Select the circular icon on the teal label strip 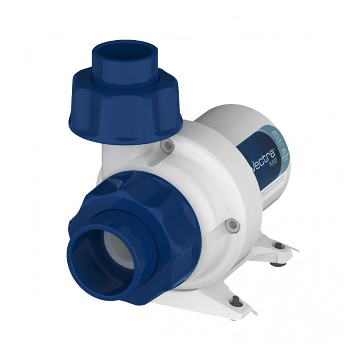click(x=276, y=136)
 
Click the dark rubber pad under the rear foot click(x=277, y=264)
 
